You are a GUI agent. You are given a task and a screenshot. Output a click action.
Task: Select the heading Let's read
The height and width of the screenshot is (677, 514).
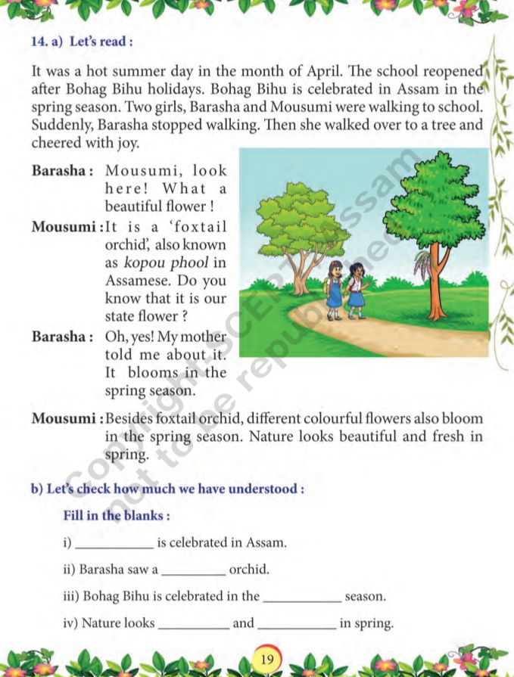(101, 42)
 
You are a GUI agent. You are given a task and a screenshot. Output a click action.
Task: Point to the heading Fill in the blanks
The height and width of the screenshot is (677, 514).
(116, 516)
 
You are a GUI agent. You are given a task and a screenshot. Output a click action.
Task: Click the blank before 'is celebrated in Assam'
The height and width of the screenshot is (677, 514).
(115, 544)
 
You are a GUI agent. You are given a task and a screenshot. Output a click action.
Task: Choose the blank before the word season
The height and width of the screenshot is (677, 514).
(301, 597)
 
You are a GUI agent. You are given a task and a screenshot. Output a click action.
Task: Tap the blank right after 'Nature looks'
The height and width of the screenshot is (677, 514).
(193, 624)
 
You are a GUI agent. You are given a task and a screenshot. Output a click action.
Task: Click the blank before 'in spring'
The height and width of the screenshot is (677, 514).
(297, 624)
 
